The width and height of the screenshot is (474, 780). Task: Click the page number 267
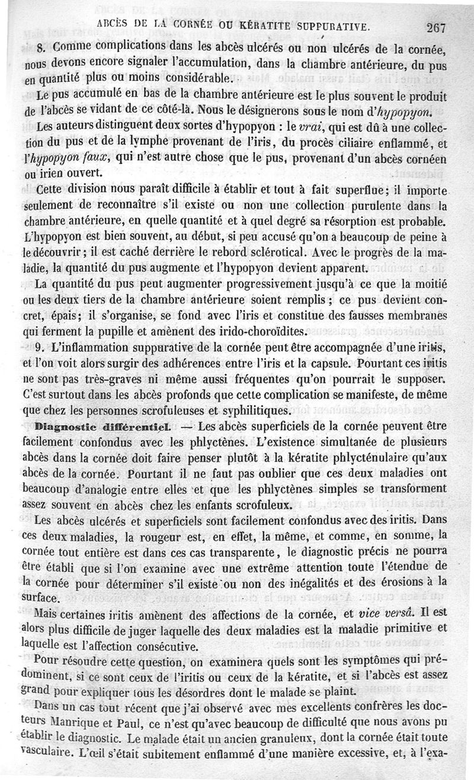pyautogui.click(x=435, y=26)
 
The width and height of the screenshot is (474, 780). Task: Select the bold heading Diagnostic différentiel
pyautogui.click(x=104, y=425)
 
